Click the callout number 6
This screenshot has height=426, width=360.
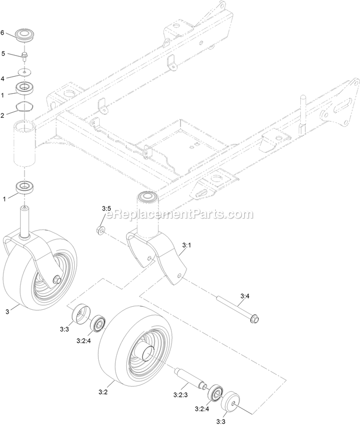[x=3, y=33]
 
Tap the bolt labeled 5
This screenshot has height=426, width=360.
[x=25, y=56]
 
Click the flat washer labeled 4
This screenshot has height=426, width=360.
[x=25, y=72]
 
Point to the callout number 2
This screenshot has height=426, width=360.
[x=3, y=115]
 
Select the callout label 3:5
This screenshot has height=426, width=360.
[x=107, y=209]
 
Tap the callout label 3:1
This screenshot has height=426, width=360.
[x=187, y=246]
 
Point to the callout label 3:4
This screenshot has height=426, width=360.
[x=245, y=296]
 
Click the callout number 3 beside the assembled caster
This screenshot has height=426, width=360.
[x=8, y=312]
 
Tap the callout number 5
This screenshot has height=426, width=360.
[x=4, y=54]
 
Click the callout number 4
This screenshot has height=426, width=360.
[x=3, y=79]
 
